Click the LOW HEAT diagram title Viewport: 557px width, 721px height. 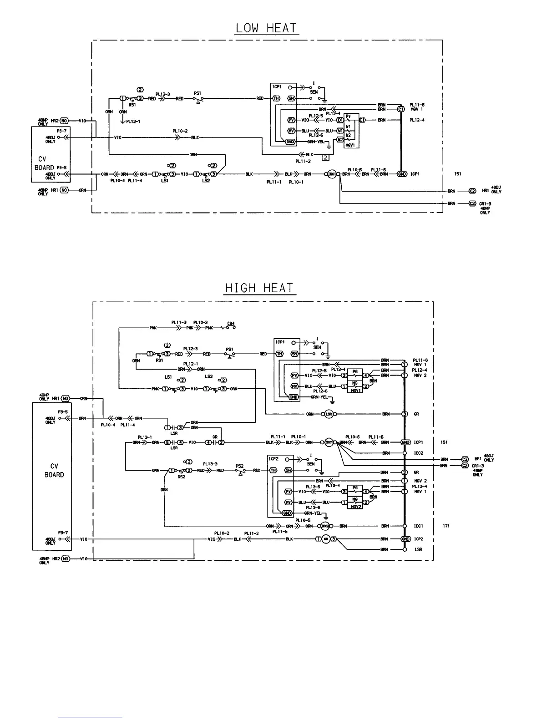tap(267, 28)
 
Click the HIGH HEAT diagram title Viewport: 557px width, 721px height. tap(259, 289)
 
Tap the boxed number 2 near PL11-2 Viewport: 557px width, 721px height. tap(325, 158)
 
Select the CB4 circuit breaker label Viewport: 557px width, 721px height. tap(231, 324)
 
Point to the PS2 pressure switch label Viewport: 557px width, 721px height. tap(239, 466)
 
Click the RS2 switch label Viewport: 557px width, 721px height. tap(181, 477)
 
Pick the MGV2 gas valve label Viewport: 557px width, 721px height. tap(355, 507)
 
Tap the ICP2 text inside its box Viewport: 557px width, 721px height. tap(273, 459)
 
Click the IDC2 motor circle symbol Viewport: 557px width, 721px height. tap(325, 526)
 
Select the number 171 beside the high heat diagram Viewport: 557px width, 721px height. tap(446, 526)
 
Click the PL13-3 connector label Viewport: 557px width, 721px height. tap(210, 464)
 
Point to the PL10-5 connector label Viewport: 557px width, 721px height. tap(303, 520)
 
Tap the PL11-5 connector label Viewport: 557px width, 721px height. tap(280, 531)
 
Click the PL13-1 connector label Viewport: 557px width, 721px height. tap(144, 437)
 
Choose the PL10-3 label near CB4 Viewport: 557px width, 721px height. tap(200, 322)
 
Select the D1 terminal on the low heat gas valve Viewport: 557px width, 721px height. tap(339, 120)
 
